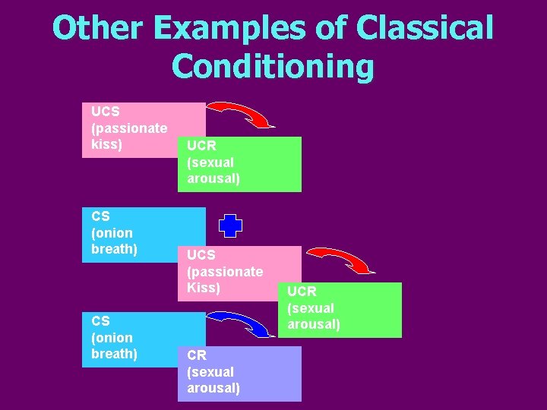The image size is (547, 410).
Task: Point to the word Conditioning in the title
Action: click(x=273, y=66)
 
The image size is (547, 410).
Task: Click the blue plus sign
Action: click(x=230, y=226)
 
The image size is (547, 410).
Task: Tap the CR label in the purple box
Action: click(x=197, y=355)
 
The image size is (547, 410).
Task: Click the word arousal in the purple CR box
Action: click(x=213, y=389)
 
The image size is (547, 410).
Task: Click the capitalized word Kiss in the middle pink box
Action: click(x=204, y=288)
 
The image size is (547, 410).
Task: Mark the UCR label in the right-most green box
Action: click(x=302, y=292)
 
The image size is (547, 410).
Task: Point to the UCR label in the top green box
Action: click(x=201, y=146)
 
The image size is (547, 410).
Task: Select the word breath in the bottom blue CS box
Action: click(x=114, y=354)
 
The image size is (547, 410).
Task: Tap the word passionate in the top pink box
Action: click(x=129, y=128)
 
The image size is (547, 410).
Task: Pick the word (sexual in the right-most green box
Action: click(x=310, y=308)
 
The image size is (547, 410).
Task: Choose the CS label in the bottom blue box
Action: click(x=100, y=321)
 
